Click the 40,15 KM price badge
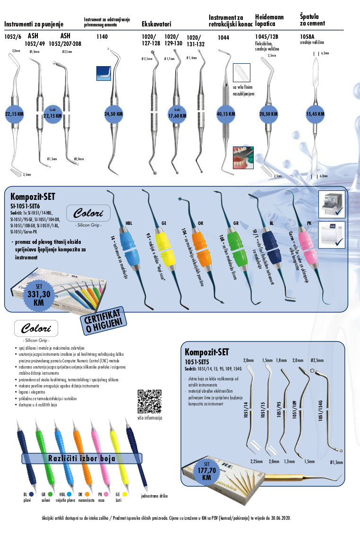coord(225,114)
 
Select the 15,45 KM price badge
coord(315,114)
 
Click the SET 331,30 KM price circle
coord(39,293)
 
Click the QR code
coord(149,401)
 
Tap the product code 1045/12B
coord(266,36)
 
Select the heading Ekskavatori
coord(156,23)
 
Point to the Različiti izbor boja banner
coord(82,458)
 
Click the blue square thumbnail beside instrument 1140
coord(103,73)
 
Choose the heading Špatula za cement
coord(312,20)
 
